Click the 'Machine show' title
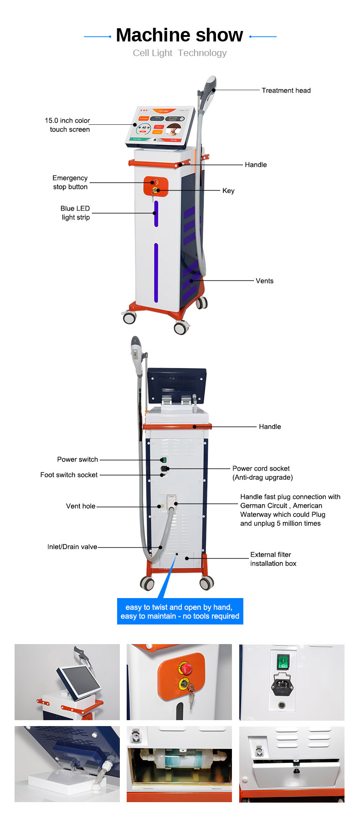click(x=180, y=35)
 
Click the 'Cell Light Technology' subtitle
click(x=180, y=53)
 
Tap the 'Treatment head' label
click(x=286, y=90)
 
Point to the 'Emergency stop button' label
click(x=70, y=182)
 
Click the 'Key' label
click(x=228, y=190)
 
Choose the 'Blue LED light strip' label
click(x=75, y=213)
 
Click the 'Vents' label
click(x=264, y=281)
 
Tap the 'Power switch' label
click(x=77, y=459)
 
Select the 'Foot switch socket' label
click(x=69, y=475)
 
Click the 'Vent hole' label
click(x=81, y=506)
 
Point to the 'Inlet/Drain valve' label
click(x=72, y=547)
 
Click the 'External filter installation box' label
click(x=273, y=559)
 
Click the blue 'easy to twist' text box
click(x=180, y=611)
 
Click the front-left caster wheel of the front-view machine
click(x=129, y=317)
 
